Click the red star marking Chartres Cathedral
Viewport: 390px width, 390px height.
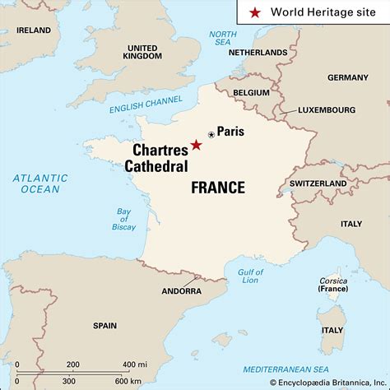tap(196, 146)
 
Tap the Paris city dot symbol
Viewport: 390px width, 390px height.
tap(211, 134)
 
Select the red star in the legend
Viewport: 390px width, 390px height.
tap(255, 12)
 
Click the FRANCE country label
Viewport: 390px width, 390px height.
tap(218, 188)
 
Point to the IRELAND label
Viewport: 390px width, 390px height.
tap(33, 30)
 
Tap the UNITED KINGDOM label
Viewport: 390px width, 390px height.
tap(142, 52)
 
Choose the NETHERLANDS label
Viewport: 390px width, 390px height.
tap(258, 52)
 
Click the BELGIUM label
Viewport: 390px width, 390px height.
tap(251, 93)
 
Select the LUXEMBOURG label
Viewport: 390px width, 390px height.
tap(327, 109)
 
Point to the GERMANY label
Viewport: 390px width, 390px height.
tap(348, 77)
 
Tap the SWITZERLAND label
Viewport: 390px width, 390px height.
tap(318, 183)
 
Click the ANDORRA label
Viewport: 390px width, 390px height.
tap(181, 290)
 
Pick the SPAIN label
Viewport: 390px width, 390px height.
tap(104, 325)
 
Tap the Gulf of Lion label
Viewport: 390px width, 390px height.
tap(250, 276)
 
